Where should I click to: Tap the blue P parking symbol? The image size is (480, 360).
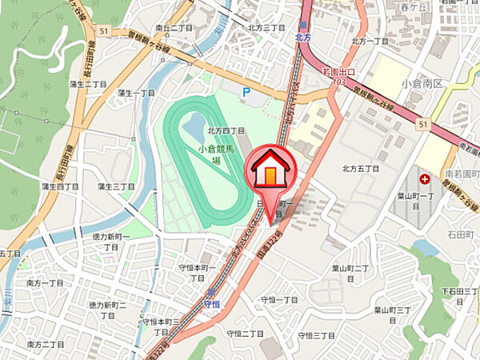pos(246,93)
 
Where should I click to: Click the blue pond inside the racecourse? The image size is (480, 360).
pos(194,124)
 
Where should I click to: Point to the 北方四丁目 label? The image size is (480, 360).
pos(226,130)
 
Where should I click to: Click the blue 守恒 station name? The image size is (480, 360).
pos(211,305)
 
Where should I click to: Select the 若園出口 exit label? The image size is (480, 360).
pos(338,72)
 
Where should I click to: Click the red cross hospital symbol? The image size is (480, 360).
pos(424,178)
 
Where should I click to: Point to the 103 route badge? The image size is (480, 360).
pos(339,82)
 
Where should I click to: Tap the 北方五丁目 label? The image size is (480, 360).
pos(359,168)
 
